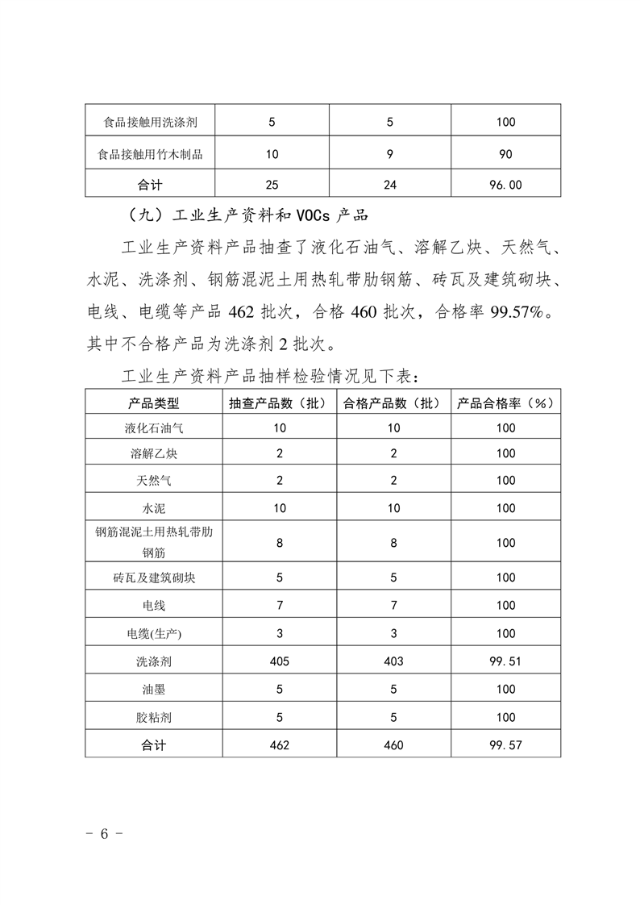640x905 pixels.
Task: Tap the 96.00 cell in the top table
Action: tap(506, 185)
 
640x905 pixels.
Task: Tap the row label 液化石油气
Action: tap(153, 427)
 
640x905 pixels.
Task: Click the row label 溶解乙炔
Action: tap(153, 453)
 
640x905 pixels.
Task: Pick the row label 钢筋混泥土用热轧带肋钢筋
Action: tap(153, 543)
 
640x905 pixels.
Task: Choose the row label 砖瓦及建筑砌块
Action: tap(153, 578)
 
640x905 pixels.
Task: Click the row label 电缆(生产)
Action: tap(153, 633)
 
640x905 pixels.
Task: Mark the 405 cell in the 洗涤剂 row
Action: tap(279, 661)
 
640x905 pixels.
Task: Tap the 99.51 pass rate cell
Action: tap(506, 661)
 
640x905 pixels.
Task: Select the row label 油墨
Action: tap(153, 690)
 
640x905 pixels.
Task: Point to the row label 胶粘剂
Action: tap(153, 717)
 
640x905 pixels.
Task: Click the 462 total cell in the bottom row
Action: tap(279, 745)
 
